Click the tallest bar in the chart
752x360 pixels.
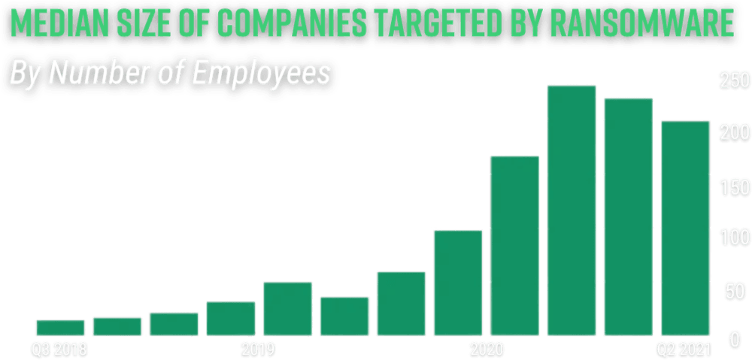pyautogui.click(x=572, y=210)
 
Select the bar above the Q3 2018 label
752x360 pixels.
pyautogui.click(x=60, y=328)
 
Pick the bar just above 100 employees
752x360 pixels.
pyautogui.click(x=458, y=283)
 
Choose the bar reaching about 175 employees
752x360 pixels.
pyautogui.click(x=515, y=245)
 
